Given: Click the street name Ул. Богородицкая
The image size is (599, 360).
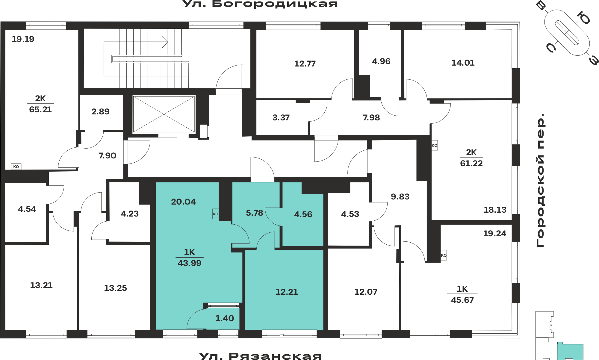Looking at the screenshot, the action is coord(260,4).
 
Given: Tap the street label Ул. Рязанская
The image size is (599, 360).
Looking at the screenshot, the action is coord(260,356).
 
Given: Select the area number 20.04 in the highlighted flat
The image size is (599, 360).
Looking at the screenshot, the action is coord(183,202).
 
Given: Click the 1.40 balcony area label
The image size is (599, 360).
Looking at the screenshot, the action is coord(225,318).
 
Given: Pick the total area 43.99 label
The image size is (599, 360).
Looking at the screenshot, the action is coord(190,263).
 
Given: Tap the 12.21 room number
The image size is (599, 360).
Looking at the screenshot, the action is coord(287,292).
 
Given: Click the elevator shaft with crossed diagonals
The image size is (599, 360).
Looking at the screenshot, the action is coord(164,114).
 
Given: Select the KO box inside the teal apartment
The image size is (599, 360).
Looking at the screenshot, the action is coord(215,214).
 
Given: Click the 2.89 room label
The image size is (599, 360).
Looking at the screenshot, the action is coord(100,112).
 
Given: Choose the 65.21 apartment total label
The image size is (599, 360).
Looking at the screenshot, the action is coord(40,110).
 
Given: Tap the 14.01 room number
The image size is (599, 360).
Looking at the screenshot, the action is coord(463,63).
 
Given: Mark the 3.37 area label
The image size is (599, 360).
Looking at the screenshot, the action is coord(281,118).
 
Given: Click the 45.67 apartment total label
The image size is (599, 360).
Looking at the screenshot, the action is coord(462,300).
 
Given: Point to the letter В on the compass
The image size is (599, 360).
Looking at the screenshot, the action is coord(541,6).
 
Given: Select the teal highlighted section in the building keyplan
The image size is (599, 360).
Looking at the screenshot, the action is coord(570,351).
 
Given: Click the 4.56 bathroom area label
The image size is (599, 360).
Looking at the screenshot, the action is coord(303,214).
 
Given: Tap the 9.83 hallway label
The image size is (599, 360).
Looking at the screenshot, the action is coord(400,197).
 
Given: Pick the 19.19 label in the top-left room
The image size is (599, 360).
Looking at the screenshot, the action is coord(23,39).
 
